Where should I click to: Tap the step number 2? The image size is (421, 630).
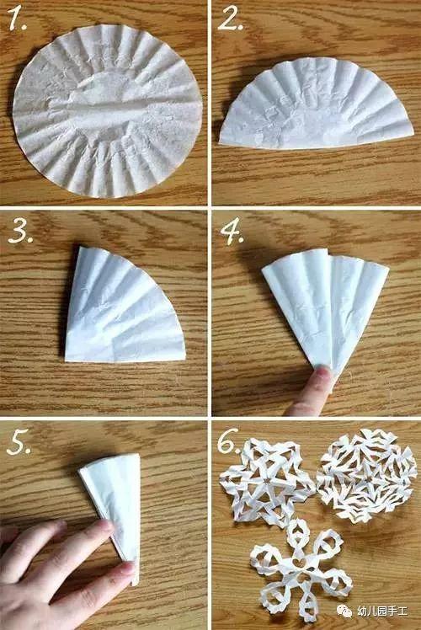(231, 19)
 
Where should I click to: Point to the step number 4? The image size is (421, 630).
(232, 231)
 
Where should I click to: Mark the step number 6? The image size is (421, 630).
(230, 441)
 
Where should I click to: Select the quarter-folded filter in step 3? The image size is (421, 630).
(125, 306)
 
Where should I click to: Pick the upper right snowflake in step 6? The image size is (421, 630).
(366, 475)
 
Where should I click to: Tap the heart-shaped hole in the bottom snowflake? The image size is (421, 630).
(299, 564)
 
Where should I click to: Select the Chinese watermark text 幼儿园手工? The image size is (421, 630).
(381, 611)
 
